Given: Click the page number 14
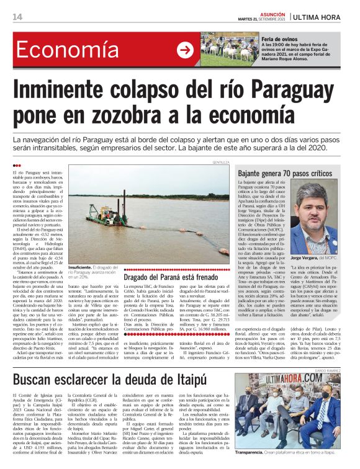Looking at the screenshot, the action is coord(17,17).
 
